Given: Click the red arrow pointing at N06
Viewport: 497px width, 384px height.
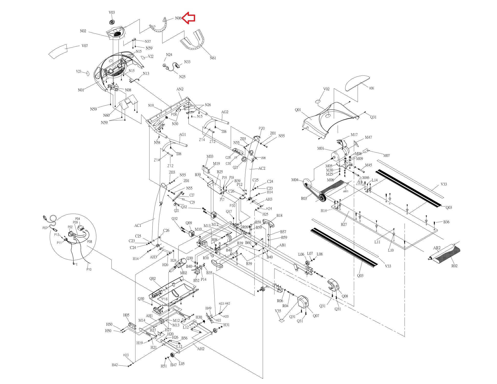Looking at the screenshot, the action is (x=189, y=18).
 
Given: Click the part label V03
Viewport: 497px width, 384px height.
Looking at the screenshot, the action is (x=112, y=12).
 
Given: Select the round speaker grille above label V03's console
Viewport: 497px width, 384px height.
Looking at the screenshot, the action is (x=112, y=22).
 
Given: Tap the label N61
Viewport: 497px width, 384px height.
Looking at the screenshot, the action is (x=213, y=58).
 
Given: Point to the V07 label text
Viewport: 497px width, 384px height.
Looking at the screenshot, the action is (x=85, y=46).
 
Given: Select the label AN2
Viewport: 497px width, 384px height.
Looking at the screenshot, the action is (x=180, y=89).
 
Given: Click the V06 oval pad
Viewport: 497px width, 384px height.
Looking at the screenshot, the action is (x=357, y=83).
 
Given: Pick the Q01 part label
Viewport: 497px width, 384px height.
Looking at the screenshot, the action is (x=298, y=110).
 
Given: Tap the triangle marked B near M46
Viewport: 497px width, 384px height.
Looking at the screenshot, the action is (x=361, y=182).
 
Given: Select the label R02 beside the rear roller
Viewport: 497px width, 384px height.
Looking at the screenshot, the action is (x=454, y=266).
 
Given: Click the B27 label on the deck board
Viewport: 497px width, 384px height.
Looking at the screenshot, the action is (x=344, y=224).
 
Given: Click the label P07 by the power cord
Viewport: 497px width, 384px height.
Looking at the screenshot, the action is (x=45, y=228).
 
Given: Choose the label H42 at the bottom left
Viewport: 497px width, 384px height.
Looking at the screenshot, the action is (x=115, y=365).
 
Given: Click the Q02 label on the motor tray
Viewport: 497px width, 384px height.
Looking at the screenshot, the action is (x=153, y=279).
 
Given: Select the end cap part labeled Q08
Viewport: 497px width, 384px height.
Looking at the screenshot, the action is (x=333, y=285).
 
